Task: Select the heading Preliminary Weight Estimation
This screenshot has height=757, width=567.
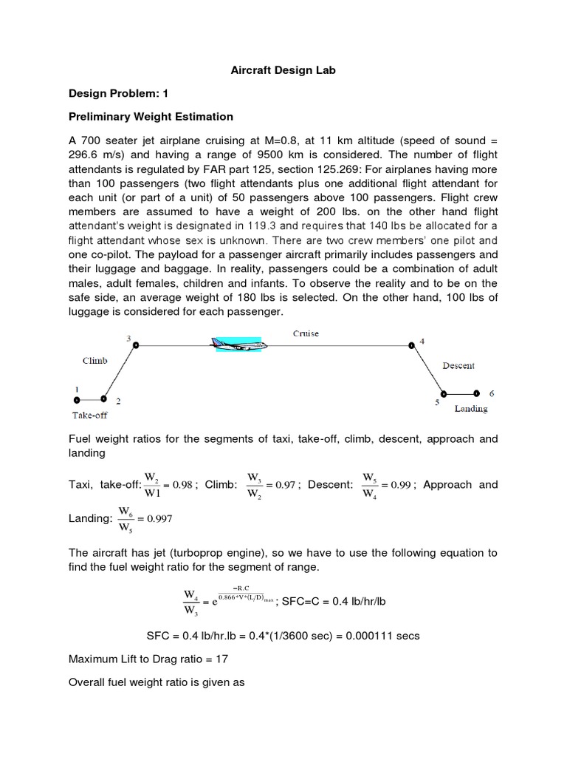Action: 151,116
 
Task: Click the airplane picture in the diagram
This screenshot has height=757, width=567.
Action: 239,344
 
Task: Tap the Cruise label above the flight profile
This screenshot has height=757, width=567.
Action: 305,333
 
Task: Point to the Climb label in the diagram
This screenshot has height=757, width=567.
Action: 94,361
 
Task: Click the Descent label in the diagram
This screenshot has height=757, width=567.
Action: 458,365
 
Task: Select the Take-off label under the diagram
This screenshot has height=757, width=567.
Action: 89,415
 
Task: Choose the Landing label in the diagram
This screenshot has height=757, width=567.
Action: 470,408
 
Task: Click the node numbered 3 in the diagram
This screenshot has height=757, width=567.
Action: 135,344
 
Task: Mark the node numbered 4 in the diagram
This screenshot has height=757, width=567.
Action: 411,344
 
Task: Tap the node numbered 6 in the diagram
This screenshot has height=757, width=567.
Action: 477,393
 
